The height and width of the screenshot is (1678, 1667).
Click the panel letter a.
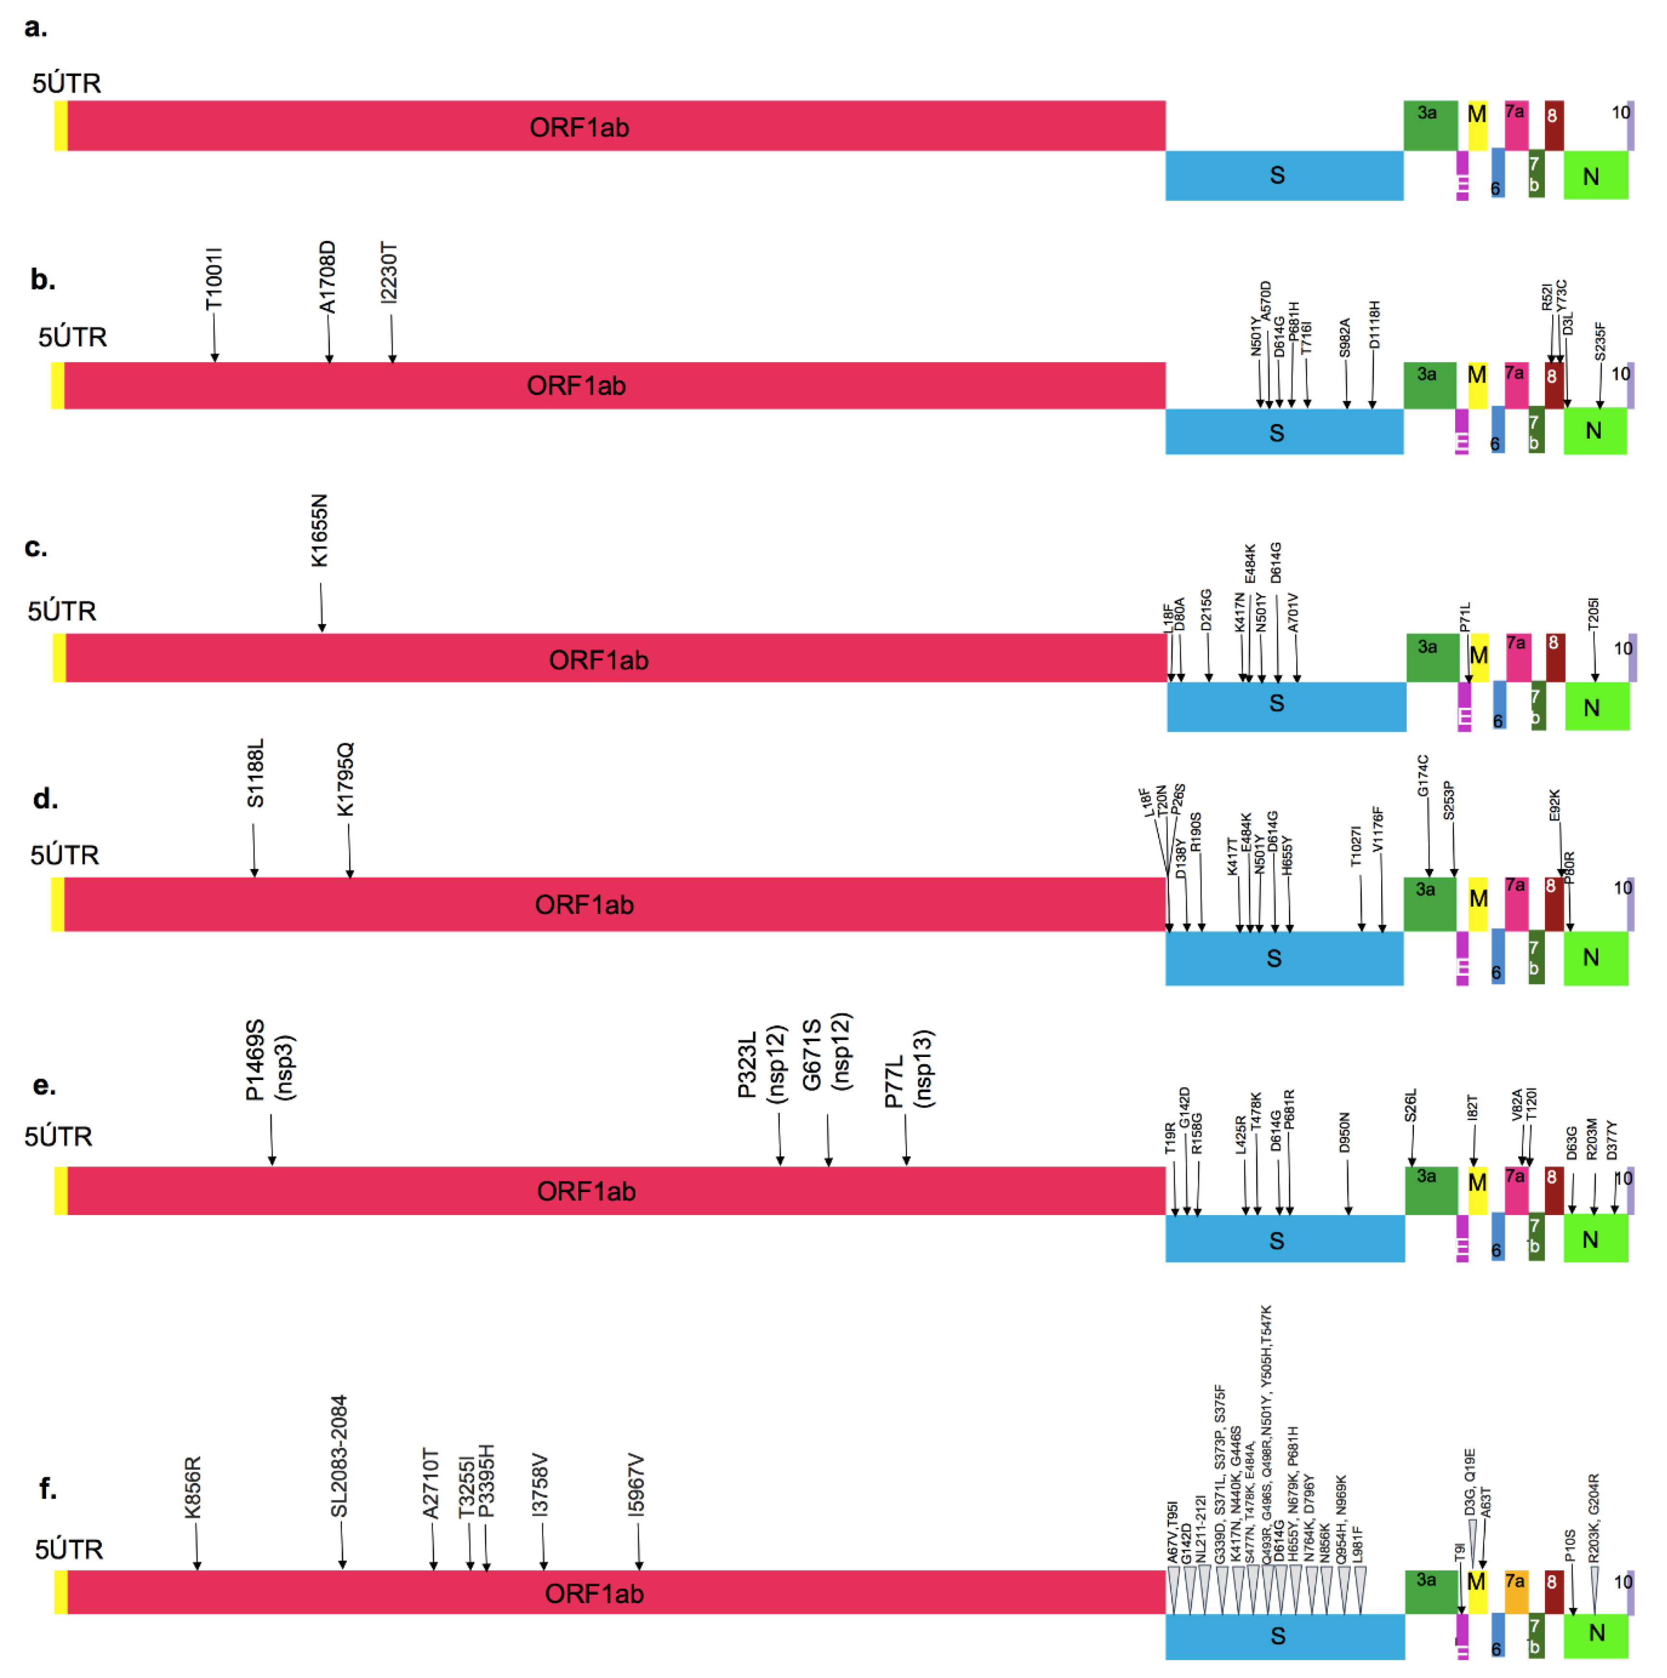36,28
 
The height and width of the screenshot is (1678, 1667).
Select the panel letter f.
47,1488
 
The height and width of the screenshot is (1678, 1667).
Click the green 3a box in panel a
1430,125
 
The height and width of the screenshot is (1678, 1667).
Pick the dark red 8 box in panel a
1553,125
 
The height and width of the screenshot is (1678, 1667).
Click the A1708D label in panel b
327,277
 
